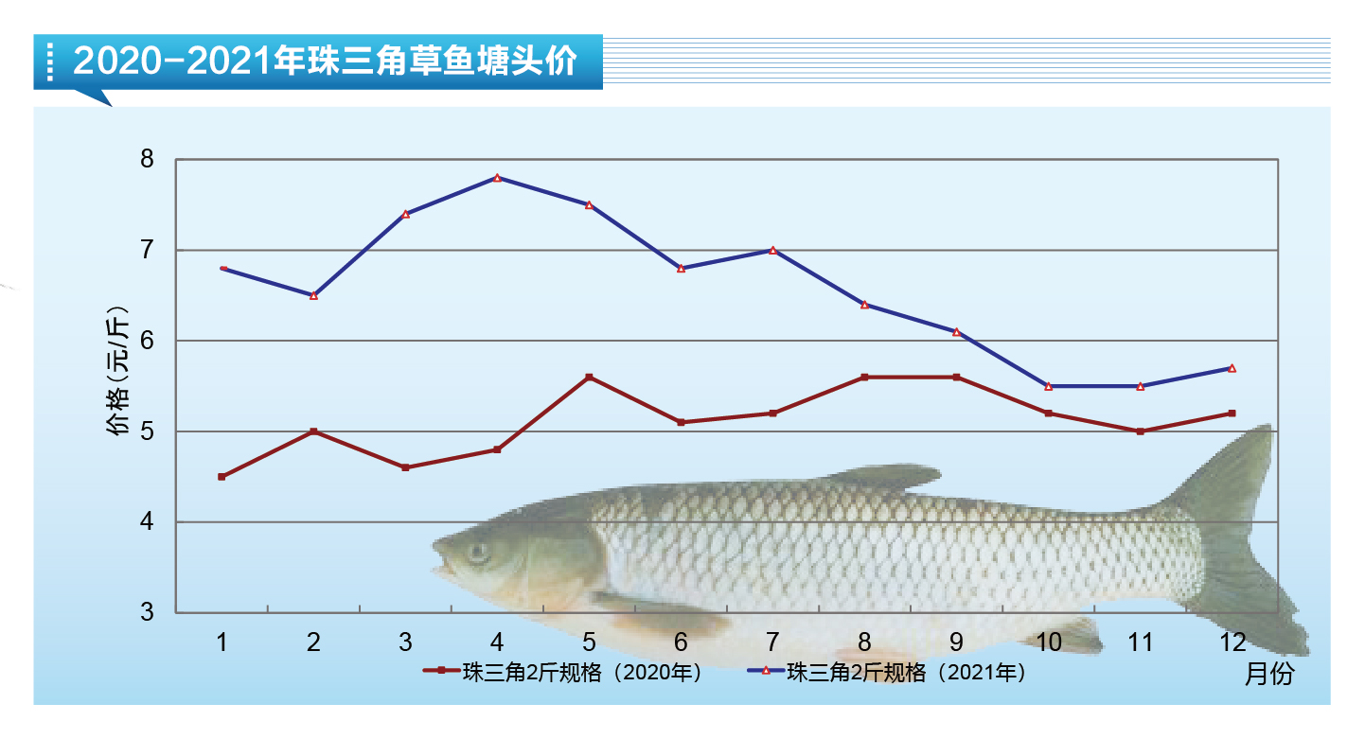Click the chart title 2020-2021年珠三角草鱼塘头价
[324, 62]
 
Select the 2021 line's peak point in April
[497, 178]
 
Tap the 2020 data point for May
[589, 378]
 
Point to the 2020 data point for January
[222, 477]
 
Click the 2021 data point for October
[1048, 386]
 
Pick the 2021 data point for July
[772, 251]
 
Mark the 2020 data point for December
[1232, 413]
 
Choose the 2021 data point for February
[313, 295]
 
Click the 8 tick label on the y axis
[147, 159]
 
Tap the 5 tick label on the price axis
[147, 431]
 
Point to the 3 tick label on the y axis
[147, 612]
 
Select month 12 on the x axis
[1232, 642]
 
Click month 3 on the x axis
[405, 642]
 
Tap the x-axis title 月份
[1267, 674]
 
